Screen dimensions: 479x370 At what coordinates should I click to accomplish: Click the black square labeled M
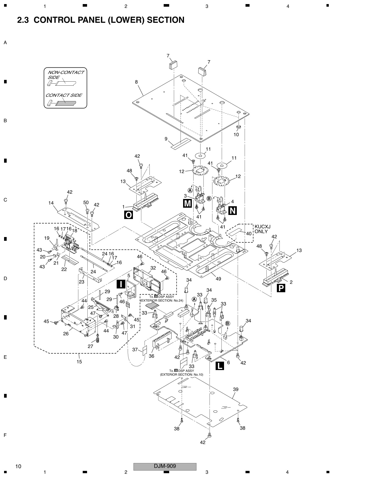[x=187, y=203]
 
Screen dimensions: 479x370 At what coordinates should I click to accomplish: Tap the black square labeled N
[x=232, y=211]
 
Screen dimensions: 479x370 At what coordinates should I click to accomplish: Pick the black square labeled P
[x=281, y=288]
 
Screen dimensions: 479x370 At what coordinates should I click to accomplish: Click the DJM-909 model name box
[x=165, y=466]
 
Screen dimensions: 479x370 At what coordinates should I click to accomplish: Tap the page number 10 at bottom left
[x=18, y=467]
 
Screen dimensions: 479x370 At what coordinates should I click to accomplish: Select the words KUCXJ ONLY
[x=262, y=229]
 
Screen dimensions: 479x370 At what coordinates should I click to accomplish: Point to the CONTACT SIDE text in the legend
[x=64, y=95]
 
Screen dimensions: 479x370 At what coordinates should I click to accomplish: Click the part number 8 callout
[x=136, y=82]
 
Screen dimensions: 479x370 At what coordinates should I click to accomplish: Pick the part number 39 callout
[x=236, y=389]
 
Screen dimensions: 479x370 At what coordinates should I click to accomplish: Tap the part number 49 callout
[x=218, y=279]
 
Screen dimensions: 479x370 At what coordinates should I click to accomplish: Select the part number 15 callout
[x=79, y=362]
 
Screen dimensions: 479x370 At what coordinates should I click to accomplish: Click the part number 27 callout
[x=90, y=346]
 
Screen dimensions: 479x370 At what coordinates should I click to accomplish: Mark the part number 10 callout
[x=236, y=134]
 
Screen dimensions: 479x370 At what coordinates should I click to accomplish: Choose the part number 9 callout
[x=166, y=139]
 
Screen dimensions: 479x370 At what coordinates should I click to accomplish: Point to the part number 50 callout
[x=86, y=202]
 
